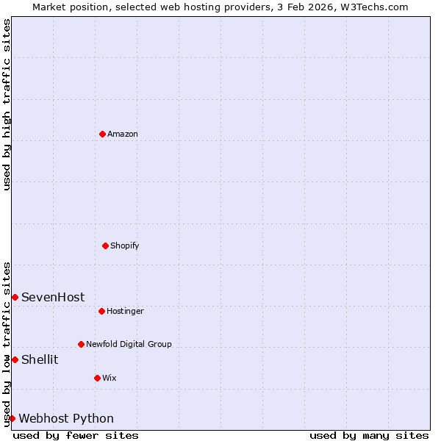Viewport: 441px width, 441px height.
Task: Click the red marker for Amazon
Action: click(103, 134)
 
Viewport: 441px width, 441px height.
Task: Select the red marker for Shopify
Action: click(105, 245)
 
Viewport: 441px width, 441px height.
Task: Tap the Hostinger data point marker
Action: click(101, 311)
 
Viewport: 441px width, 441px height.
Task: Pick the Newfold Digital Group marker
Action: click(81, 344)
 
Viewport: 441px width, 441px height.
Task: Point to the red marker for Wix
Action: click(97, 378)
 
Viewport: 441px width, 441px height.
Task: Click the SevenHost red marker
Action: click(15, 297)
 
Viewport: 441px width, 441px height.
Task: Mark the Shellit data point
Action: click(15, 359)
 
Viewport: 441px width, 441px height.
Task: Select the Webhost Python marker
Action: click(12, 418)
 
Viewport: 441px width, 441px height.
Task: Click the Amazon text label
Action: click(123, 134)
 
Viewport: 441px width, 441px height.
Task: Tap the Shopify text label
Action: click(125, 245)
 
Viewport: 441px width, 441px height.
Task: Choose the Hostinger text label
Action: click(125, 311)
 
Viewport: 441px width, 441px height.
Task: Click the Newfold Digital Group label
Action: click(129, 344)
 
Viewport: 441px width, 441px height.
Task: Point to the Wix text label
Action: click(110, 378)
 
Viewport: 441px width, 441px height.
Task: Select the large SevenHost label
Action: click(53, 297)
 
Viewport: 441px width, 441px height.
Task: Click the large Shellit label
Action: click(40, 359)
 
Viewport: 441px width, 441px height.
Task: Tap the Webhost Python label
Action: click(66, 418)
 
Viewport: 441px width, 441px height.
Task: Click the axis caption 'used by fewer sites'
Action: click(76, 435)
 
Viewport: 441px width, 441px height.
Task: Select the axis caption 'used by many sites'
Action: click(369, 435)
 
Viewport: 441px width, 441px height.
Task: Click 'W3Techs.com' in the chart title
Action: click(374, 7)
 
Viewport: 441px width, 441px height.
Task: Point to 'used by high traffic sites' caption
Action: click(7, 104)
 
